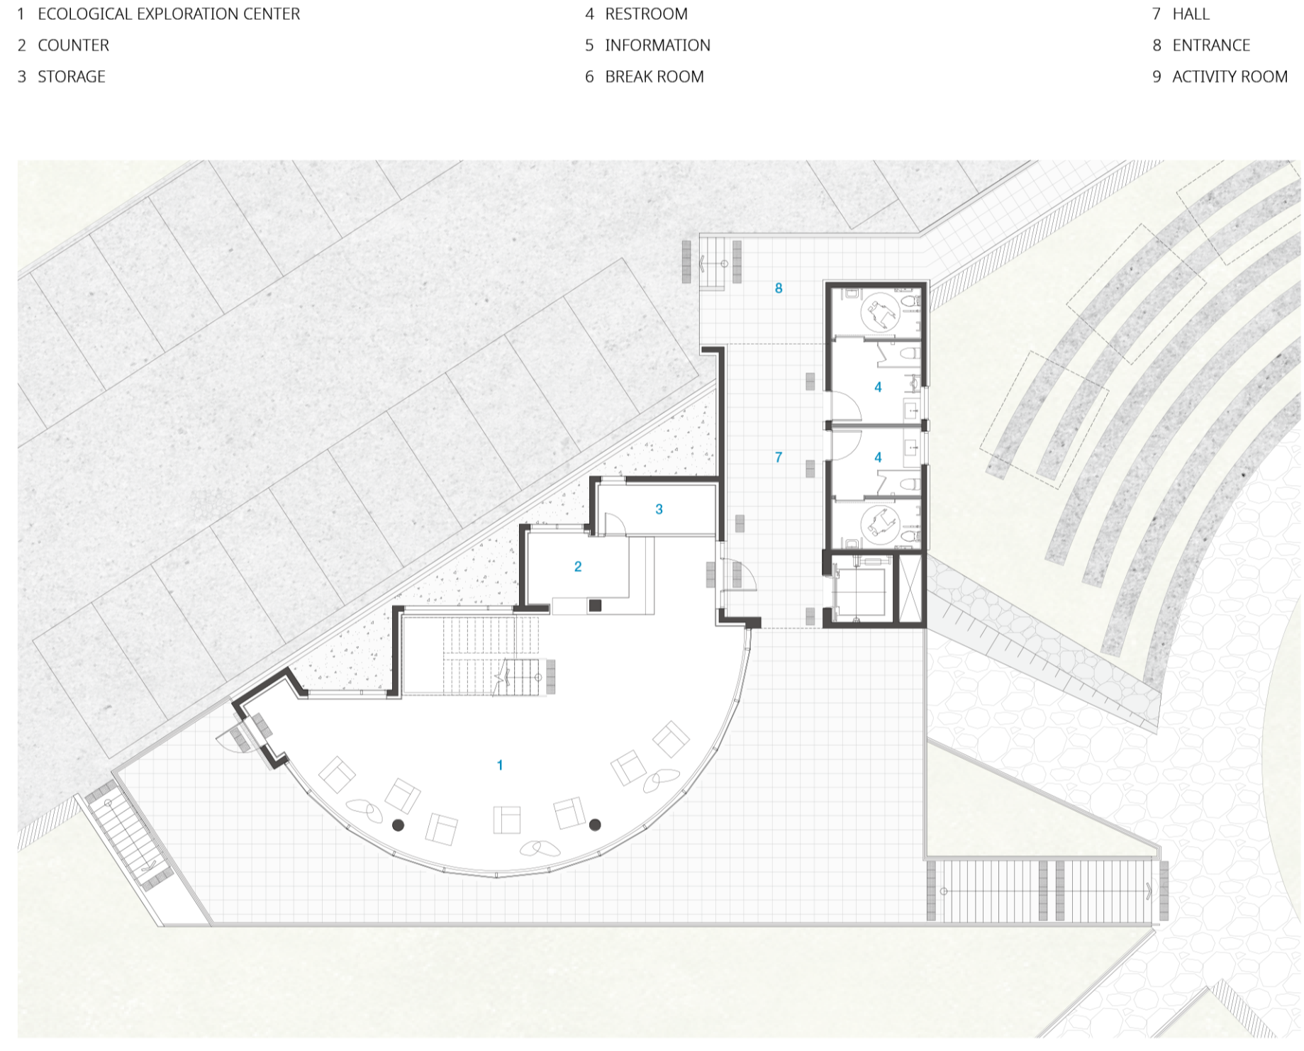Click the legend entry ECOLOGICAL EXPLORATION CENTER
[x=169, y=14]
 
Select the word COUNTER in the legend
[x=74, y=45]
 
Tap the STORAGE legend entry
[x=72, y=77]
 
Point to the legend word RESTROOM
[x=647, y=14]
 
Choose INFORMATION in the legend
[x=658, y=45]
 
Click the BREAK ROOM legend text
[x=654, y=77]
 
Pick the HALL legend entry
[x=1191, y=14]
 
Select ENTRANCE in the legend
[x=1211, y=45]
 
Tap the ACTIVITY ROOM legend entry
[x=1230, y=77]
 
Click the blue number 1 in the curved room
[x=500, y=765]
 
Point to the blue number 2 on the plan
[x=578, y=567]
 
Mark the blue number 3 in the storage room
[x=659, y=509]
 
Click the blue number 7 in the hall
[x=779, y=457]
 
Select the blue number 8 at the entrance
[x=779, y=288]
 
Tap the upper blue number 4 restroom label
[x=878, y=387]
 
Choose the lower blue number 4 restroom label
[x=878, y=457]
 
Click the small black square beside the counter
[x=596, y=606]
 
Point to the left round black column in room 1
[x=399, y=825]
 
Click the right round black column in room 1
[x=596, y=825]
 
